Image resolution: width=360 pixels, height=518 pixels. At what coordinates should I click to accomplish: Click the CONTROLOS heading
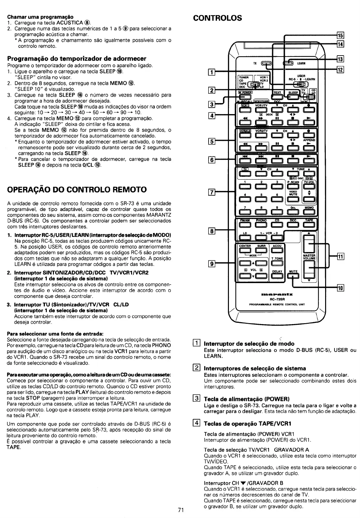click(217, 18)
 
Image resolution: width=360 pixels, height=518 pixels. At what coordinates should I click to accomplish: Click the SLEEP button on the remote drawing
click(293, 96)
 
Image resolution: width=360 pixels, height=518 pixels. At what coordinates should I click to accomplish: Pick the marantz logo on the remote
click(276, 294)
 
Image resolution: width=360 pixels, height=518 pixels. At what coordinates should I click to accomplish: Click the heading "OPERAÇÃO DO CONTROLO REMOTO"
click(77, 189)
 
